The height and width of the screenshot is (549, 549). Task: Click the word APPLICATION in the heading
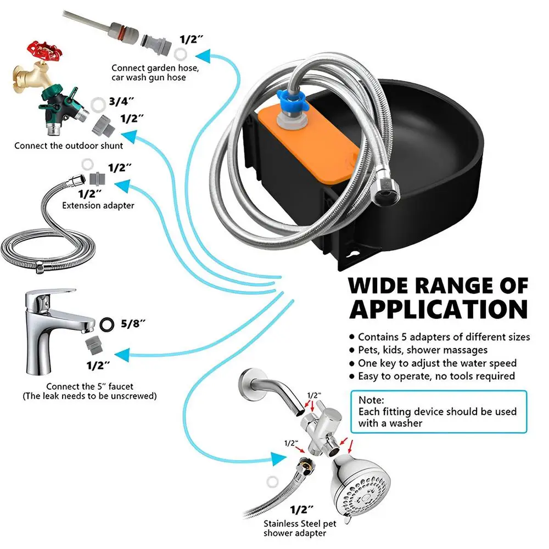(x=438, y=309)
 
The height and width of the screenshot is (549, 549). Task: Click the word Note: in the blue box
(x=372, y=400)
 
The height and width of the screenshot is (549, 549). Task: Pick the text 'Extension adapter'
(x=98, y=205)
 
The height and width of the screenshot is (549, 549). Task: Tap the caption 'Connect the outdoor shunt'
(x=69, y=145)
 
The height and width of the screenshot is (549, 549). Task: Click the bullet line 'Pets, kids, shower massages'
(x=422, y=350)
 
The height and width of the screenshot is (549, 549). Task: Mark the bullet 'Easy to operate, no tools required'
(x=436, y=376)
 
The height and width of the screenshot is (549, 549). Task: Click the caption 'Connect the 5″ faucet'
(x=89, y=386)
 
